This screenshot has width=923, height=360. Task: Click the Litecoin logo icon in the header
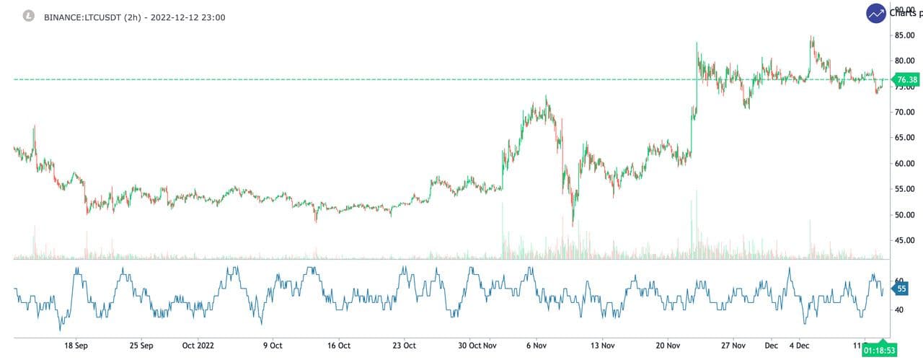[28, 16]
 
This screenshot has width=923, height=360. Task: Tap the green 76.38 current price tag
[906, 79]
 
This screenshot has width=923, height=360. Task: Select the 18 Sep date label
[76, 345]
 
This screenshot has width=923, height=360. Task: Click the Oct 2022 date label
[198, 345]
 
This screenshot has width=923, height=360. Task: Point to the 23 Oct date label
[404, 345]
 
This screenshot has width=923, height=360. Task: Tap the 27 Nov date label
[734, 345]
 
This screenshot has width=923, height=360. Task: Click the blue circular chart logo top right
[876, 13]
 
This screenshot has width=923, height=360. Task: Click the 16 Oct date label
[338, 345]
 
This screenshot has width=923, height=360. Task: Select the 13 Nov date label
[602, 345]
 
